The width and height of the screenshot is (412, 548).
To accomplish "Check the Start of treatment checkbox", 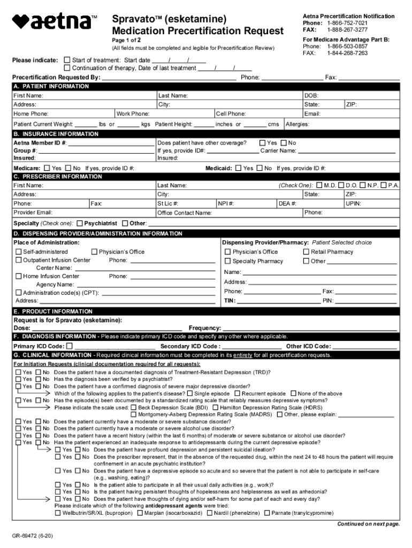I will point(67,60).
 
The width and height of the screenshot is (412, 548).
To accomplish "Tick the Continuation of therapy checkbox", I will point(67,68).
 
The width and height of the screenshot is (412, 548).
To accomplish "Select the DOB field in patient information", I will point(350,95).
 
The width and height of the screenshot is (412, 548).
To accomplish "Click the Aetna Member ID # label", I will point(40,143).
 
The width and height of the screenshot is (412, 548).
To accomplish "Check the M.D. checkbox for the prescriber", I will point(319,185).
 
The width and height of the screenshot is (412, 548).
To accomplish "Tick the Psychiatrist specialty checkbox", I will point(80,223).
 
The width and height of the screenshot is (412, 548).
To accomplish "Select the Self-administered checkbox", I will point(19,252).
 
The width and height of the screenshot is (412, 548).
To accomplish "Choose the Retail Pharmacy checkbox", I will point(306,252).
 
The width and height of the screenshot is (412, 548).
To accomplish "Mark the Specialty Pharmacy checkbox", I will point(227,262).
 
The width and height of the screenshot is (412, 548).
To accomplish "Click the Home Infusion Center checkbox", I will point(19,277).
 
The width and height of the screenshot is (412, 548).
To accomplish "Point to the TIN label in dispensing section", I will point(230,301).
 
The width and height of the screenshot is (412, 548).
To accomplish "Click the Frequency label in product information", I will point(204,328).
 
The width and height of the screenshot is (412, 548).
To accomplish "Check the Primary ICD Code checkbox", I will point(69,346).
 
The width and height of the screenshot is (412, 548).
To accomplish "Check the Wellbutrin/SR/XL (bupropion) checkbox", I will point(58,513).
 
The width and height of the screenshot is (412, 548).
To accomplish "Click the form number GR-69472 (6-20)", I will point(33,536).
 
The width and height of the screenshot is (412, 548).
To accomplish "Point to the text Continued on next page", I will point(368,524).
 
